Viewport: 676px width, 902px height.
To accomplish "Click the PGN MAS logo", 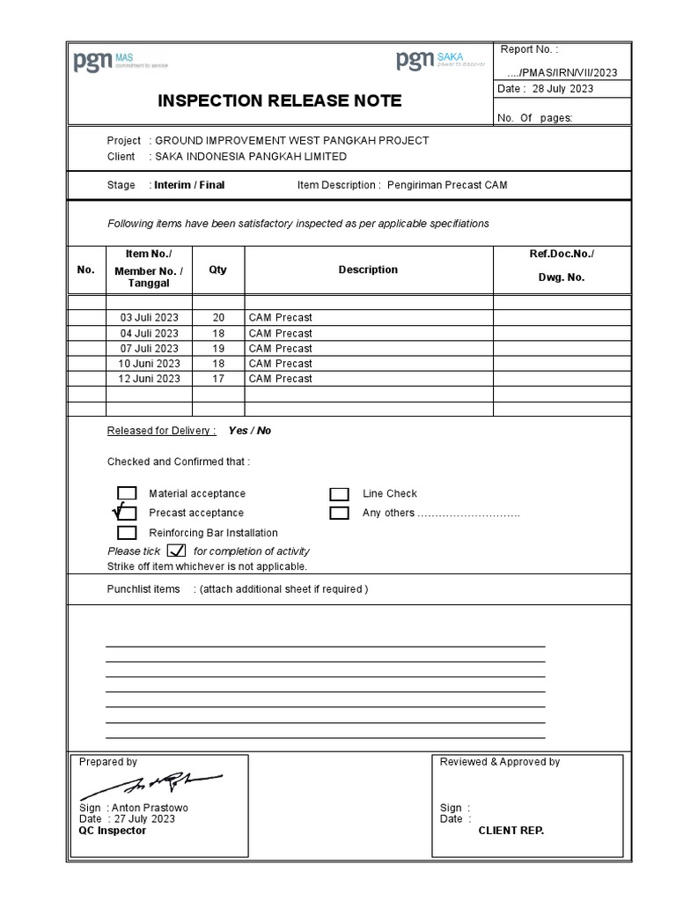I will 120,62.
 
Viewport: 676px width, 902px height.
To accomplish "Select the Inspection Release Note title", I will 279,100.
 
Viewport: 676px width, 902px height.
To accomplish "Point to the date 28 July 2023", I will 562,88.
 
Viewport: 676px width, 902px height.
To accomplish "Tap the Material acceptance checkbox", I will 127,493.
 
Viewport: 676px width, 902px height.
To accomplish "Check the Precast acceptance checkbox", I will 127,513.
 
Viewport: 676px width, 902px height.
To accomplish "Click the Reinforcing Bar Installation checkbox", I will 127,533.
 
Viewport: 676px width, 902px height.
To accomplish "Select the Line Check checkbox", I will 339,494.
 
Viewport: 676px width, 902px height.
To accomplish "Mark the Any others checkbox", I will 339,513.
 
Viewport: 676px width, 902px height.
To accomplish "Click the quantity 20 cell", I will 217,317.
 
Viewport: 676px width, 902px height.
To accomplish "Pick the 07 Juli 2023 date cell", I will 149,348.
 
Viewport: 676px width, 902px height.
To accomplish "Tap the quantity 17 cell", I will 217,379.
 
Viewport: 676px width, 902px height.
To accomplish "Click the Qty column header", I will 217,270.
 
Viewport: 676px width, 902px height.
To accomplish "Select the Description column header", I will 368,270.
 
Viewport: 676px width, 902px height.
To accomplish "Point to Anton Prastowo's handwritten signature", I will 153,783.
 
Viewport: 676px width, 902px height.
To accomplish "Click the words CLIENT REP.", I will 511,831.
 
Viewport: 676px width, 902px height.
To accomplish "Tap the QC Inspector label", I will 113,831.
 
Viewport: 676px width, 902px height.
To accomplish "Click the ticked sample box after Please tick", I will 176,551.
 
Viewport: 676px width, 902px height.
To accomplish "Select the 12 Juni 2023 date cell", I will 149,379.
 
